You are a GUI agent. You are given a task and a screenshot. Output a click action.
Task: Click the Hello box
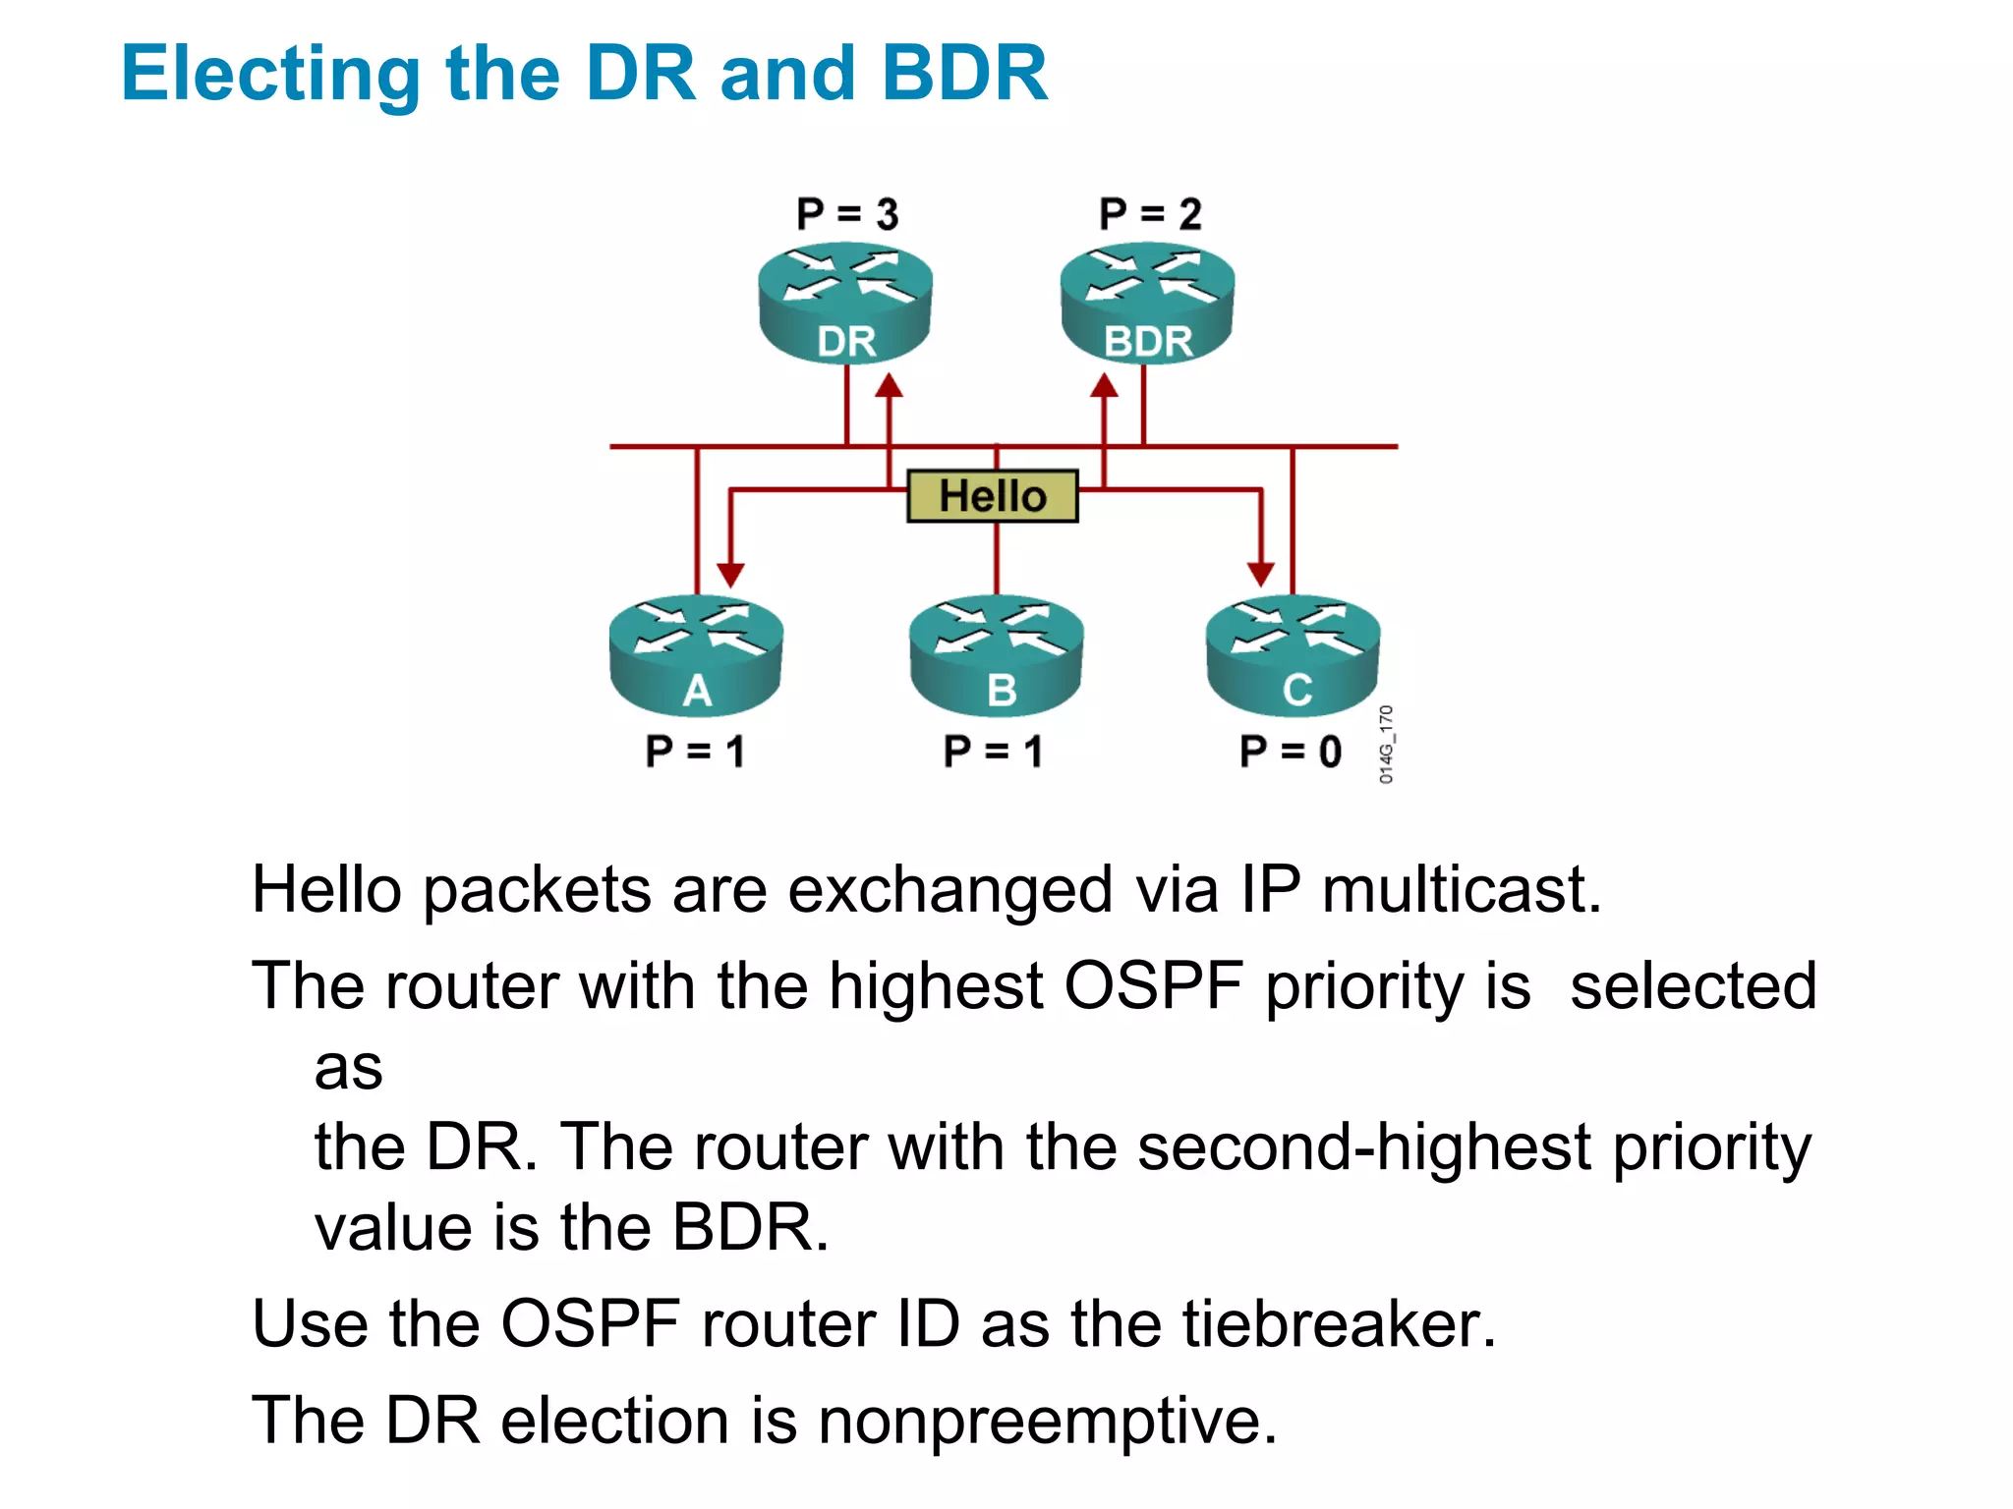(x=993, y=496)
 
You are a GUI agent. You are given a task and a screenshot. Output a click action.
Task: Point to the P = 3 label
(x=847, y=214)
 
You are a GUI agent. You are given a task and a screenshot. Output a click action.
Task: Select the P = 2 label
(x=1150, y=214)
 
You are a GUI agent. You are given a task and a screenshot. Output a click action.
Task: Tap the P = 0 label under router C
(x=1290, y=752)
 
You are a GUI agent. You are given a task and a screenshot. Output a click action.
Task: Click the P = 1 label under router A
(x=695, y=752)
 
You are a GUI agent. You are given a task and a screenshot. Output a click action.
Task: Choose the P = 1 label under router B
(x=993, y=752)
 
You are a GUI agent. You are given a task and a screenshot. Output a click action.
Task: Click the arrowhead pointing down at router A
(x=730, y=574)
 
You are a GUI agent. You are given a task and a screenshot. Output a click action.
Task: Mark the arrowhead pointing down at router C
(x=1261, y=574)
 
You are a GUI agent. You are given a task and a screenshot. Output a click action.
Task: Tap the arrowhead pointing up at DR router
(x=890, y=385)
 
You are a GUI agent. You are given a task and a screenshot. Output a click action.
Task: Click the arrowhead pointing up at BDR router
(x=1105, y=385)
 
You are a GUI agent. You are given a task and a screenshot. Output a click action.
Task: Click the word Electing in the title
(x=271, y=75)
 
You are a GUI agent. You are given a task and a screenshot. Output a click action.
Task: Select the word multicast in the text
(x=1462, y=890)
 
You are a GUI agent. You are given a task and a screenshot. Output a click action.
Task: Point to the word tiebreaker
(x=1339, y=1324)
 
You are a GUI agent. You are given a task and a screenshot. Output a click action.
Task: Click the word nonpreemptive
(x=1047, y=1422)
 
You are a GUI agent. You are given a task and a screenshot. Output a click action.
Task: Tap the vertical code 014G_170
(x=1386, y=745)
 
